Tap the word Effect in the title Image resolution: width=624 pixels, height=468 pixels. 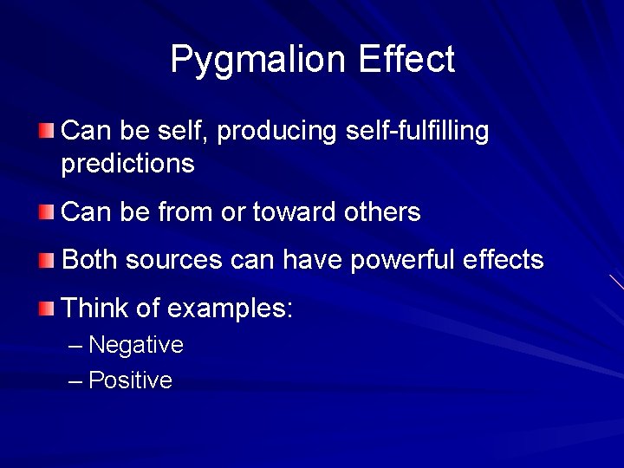(406, 59)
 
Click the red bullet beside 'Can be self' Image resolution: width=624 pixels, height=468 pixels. (46, 132)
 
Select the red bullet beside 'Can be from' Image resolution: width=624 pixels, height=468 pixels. (46, 211)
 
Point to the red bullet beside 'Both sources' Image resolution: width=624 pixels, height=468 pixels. (46, 259)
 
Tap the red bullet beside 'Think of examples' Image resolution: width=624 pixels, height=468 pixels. (46, 307)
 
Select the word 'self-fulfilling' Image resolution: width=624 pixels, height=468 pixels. (416, 132)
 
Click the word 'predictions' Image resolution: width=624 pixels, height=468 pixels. (127, 164)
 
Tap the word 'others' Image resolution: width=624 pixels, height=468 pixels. (381, 211)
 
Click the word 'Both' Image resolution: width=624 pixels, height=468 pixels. (90, 259)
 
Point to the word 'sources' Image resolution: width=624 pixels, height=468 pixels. (174, 260)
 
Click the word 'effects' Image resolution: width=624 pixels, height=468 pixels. (504, 259)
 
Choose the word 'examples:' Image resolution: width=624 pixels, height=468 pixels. (229, 308)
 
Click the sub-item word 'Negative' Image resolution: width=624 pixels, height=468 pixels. (136, 345)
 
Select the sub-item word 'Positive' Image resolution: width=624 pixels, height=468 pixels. (130, 380)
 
